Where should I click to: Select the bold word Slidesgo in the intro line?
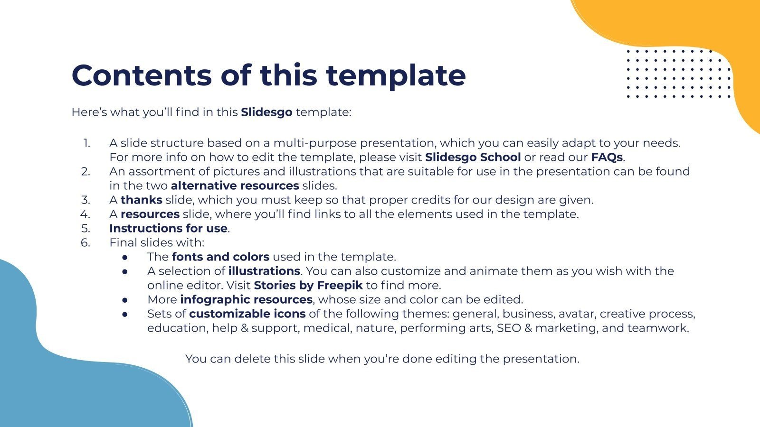(266, 112)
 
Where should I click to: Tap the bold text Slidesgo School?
(473, 157)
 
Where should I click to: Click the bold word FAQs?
(606, 157)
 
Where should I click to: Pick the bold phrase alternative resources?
(235, 186)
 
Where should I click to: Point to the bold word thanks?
(141, 200)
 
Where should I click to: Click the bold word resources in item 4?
(150, 214)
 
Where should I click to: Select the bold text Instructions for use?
(168, 228)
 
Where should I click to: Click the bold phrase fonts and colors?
(220, 257)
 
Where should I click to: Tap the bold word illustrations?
(264, 271)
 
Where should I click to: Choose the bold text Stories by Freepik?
(308, 285)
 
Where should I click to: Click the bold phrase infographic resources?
(246, 299)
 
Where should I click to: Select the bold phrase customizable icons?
(247, 314)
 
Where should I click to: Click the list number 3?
(85, 200)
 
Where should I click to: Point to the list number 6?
(85, 242)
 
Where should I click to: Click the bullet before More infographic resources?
(125, 300)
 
